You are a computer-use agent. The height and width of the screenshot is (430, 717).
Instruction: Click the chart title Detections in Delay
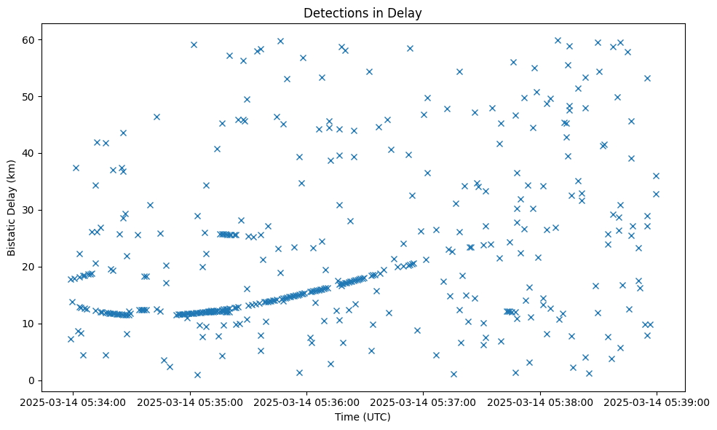click(363, 13)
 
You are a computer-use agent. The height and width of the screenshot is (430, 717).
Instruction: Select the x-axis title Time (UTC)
click(363, 417)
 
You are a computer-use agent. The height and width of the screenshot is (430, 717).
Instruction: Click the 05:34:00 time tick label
click(73, 402)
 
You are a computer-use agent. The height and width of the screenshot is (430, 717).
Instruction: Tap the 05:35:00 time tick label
click(190, 402)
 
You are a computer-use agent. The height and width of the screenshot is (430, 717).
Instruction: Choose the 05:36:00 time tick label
click(306, 402)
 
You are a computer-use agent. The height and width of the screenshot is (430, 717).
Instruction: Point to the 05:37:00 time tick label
click(424, 402)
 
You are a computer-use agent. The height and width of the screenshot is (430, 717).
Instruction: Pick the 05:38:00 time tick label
click(540, 402)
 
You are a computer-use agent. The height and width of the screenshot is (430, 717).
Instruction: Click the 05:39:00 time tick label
click(657, 402)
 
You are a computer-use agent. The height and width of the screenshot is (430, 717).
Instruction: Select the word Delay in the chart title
click(408, 13)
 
